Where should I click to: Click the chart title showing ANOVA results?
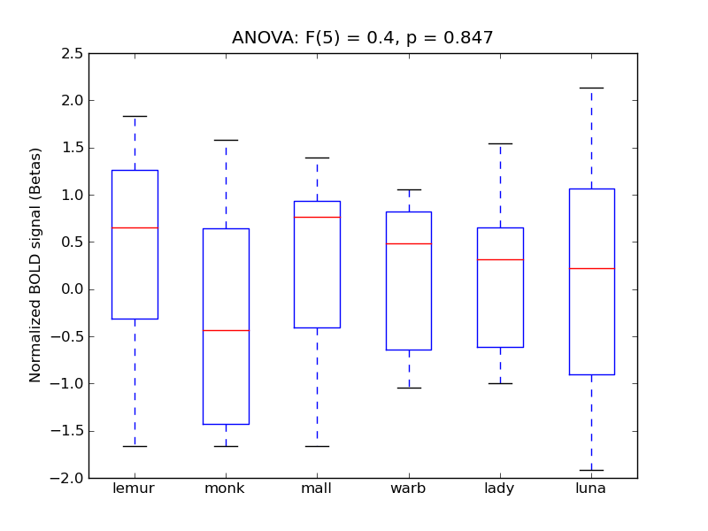click(x=363, y=38)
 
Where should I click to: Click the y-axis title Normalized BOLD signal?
click(x=35, y=265)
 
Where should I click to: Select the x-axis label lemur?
click(x=135, y=489)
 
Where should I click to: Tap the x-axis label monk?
click(x=226, y=489)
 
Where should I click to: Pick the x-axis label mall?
click(x=317, y=489)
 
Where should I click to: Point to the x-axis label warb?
click(x=409, y=489)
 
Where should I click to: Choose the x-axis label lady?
click(x=500, y=489)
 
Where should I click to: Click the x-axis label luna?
click(x=591, y=489)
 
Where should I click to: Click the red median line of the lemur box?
click(x=135, y=227)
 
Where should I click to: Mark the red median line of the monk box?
click(x=226, y=330)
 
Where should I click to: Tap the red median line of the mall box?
click(x=317, y=217)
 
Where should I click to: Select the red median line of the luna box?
click(x=591, y=268)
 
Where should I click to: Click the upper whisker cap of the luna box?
click(x=591, y=88)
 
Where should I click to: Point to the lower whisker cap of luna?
click(x=591, y=470)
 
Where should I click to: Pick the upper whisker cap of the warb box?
click(x=409, y=189)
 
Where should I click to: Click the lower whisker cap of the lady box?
click(x=500, y=383)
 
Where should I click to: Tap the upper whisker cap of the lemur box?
click(x=135, y=116)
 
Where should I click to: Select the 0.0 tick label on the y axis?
click(x=72, y=289)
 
